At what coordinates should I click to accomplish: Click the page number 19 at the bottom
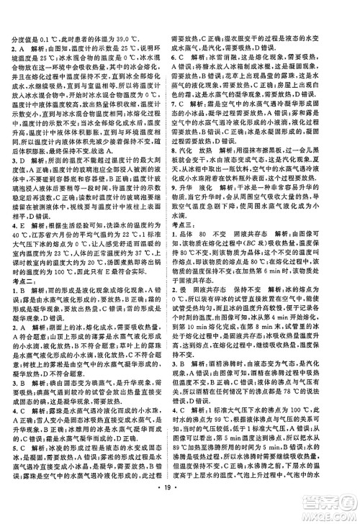pos(179,510)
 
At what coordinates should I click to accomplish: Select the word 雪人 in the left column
pos(49,428)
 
